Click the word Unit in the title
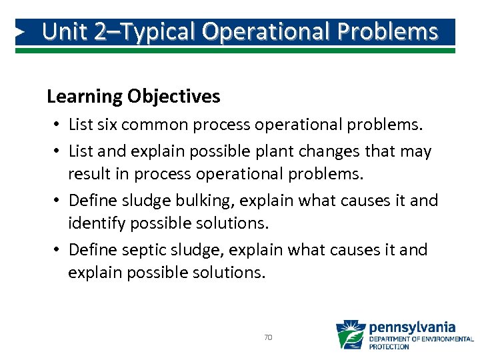click(65, 31)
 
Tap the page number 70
click(268, 338)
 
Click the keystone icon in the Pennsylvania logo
click(351, 335)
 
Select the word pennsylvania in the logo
click(412, 327)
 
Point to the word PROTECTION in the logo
click(390, 347)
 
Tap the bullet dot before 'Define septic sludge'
click(59, 250)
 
